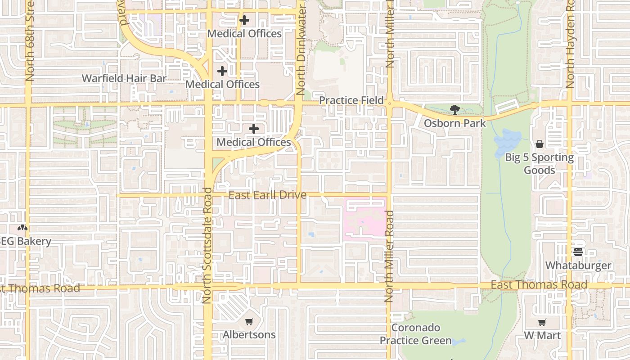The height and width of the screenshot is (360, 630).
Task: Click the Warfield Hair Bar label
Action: click(124, 78)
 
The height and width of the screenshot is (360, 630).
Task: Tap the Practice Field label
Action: click(351, 100)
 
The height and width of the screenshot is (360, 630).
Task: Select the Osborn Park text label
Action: click(454, 123)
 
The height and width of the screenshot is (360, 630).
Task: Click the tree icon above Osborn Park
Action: click(454, 109)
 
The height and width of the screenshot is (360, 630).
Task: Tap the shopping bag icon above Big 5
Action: click(539, 144)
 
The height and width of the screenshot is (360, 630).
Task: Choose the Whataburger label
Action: click(578, 265)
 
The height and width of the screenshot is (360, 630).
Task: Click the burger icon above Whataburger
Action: click(578, 252)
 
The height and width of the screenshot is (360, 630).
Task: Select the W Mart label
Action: click(542, 336)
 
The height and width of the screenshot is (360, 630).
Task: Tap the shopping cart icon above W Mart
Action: click(542, 322)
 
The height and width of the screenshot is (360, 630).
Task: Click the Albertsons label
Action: click(249, 335)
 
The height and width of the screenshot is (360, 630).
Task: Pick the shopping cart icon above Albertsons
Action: click(249, 321)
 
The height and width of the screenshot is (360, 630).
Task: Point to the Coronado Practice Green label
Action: click(415, 334)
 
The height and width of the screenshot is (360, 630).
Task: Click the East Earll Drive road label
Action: click(267, 195)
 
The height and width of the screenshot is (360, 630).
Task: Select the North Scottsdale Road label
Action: click(207, 245)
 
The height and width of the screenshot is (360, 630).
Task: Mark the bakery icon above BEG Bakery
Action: click(22, 228)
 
